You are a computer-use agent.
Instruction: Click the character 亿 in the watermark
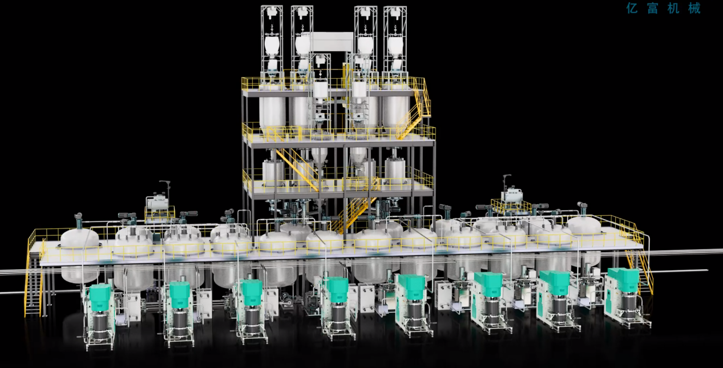pos(632,8)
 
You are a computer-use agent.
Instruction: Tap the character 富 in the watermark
pos(652,8)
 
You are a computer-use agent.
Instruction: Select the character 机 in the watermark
pos(673,8)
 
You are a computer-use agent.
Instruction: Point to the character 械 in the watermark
pos(694,8)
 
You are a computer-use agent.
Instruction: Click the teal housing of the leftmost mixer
pos(100,297)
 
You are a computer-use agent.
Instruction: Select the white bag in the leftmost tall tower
pos(272,45)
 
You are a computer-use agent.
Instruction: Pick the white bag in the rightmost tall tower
pos(395,45)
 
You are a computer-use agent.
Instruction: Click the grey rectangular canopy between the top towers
pos(331,41)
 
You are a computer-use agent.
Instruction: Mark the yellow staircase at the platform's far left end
pos(33,284)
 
